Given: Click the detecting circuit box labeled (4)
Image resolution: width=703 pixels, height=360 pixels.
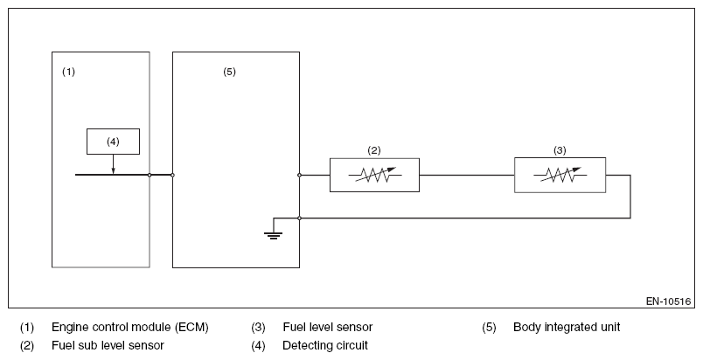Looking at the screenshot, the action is (x=113, y=142).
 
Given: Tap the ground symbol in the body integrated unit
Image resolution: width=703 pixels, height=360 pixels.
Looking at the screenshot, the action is (x=273, y=236).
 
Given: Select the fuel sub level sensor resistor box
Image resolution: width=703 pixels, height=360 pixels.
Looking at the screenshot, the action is (x=374, y=175).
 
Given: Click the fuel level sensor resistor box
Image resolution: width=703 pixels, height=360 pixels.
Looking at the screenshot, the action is (x=560, y=175).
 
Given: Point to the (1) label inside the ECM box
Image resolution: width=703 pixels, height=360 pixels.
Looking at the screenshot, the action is (x=68, y=72).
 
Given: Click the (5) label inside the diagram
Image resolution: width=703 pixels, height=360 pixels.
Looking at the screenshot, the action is (x=230, y=72).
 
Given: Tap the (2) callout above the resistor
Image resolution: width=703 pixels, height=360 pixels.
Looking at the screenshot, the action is (x=374, y=150).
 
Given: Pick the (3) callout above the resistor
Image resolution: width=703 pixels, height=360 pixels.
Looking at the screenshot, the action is (x=560, y=150).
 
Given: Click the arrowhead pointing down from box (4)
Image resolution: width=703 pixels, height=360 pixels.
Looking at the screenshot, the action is (x=113, y=170).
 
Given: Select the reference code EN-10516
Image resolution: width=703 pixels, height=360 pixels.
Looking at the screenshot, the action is (x=669, y=301).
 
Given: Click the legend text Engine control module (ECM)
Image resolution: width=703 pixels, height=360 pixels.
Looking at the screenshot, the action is (x=130, y=328).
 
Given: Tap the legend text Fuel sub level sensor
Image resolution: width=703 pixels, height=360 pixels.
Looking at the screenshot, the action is (x=108, y=345).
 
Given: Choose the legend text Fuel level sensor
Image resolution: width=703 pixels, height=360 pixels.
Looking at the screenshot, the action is (x=327, y=328).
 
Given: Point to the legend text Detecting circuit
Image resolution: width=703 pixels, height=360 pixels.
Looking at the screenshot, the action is (x=325, y=345).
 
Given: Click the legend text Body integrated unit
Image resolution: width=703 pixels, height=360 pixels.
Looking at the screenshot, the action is (x=567, y=328).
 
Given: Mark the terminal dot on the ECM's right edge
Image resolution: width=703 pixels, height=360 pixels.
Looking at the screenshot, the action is (x=150, y=175).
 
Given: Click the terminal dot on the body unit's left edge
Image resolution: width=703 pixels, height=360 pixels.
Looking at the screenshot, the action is (x=172, y=175).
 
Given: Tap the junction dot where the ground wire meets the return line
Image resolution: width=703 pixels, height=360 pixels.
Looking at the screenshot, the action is (x=300, y=218).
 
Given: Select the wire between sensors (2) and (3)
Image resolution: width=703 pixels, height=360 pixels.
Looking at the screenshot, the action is (x=467, y=175).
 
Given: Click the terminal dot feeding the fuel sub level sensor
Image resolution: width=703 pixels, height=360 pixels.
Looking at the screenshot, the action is (x=300, y=175).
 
